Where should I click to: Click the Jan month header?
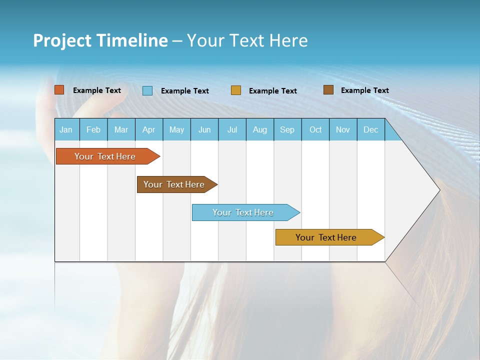click(66, 129)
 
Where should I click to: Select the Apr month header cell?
click(149, 129)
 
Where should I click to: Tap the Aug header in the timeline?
click(260, 129)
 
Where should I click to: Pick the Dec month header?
click(370, 129)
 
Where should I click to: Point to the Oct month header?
click(315, 129)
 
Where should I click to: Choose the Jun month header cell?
click(204, 129)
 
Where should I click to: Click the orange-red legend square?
click(59, 90)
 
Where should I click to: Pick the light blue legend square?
click(147, 90)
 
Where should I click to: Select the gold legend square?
click(236, 90)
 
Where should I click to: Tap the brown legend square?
click(328, 90)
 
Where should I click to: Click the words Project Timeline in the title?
click(100, 40)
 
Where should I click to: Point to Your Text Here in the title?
click(247, 40)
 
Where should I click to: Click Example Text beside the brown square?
click(364, 90)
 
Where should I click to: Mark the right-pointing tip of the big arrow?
click(438, 190)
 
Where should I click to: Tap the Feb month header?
click(93, 129)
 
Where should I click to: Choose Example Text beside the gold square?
click(272, 91)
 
